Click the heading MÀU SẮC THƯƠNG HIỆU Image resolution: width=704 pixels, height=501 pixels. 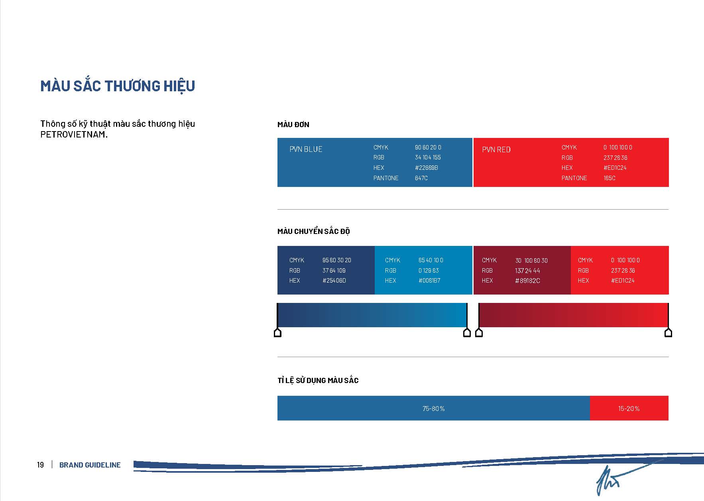click(118, 86)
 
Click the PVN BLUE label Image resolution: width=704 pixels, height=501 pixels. click(306, 149)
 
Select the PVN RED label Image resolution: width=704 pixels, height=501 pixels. click(496, 149)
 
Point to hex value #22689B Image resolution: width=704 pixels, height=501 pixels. click(427, 168)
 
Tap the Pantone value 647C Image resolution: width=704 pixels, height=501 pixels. click(421, 178)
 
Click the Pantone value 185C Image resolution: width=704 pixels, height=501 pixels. click(610, 178)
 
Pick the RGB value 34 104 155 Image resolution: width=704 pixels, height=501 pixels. click(428, 157)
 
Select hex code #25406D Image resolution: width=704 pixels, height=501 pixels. click(334, 281)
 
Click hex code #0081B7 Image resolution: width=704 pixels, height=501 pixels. click(429, 281)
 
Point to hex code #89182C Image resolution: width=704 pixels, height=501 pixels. click(527, 281)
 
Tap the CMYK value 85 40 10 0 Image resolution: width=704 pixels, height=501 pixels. click(431, 260)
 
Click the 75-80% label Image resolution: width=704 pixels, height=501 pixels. click(434, 409)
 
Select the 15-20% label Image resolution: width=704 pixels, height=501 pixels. click(629, 409)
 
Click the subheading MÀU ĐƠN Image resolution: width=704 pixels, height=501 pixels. click(293, 125)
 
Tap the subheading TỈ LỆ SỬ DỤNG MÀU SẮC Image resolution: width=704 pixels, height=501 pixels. click(318, 380)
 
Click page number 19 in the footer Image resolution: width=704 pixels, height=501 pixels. click(40, 465)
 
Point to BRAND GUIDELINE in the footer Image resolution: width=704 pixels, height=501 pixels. click(90, 465)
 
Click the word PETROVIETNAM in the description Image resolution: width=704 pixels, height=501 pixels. click(73, 134)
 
